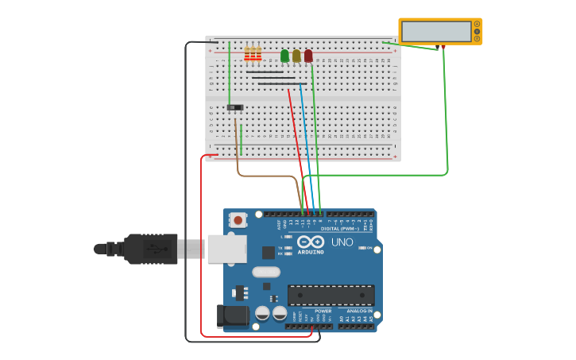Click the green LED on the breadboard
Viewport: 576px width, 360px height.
[284, 56]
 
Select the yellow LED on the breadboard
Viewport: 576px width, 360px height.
[296, 56]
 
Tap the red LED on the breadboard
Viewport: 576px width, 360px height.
[308, 56]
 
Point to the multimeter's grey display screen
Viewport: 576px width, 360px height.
[436, 32]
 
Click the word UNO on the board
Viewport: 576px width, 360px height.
[342, 242]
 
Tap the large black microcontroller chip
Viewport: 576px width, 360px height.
[331, 295]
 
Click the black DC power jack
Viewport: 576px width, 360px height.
[233, 315]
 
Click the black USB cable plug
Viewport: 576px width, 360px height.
[151, 249]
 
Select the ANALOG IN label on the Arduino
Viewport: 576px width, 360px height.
[358, 311]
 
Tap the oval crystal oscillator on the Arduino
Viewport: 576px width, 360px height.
[266, 272]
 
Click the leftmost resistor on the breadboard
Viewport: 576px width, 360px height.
[247, 54]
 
